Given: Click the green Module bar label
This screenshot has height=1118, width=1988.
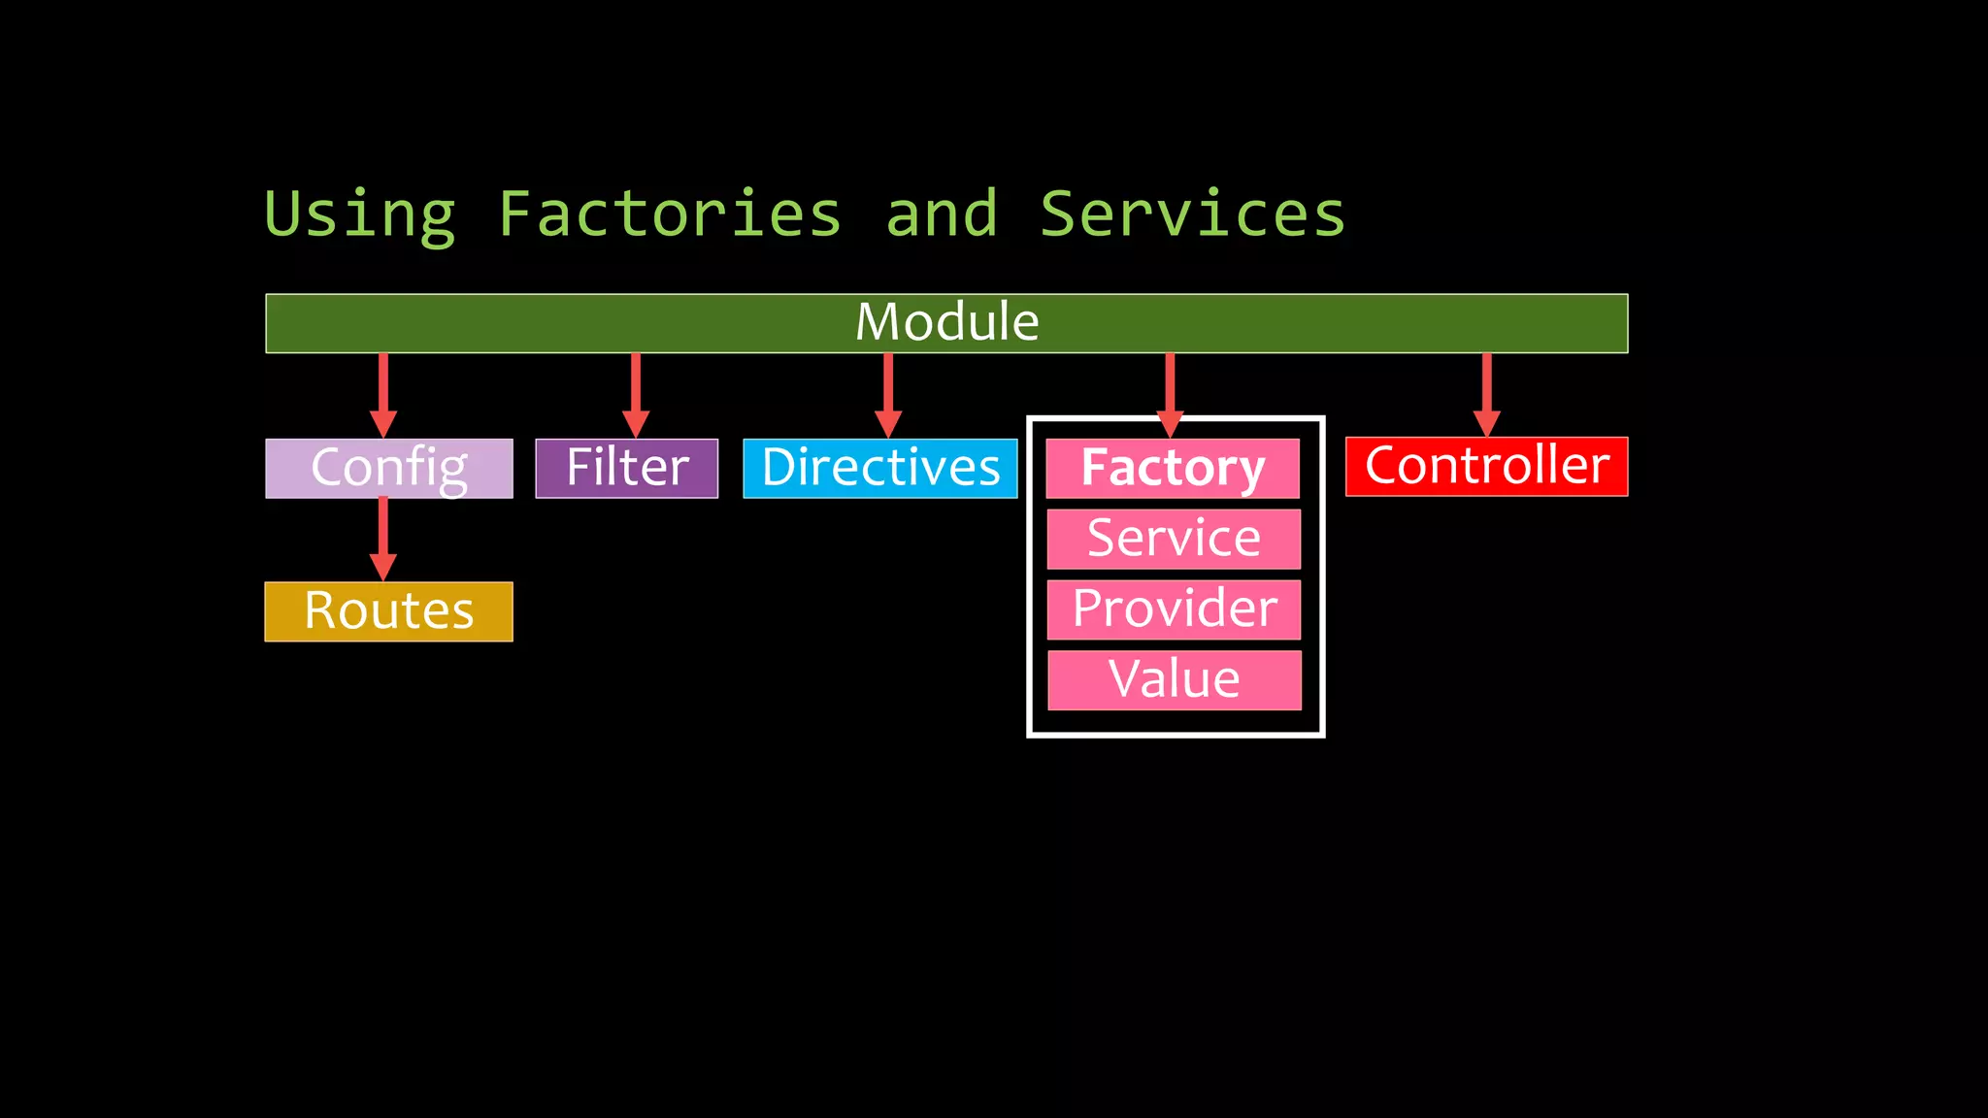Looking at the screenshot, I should click(x=946, y=322).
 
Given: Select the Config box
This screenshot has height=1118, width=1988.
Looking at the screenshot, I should click(x=388, y=468).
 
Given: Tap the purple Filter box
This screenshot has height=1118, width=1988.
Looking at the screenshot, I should click(x=626, y=468).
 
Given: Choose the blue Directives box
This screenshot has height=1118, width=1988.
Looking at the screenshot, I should click(x=879, y=468).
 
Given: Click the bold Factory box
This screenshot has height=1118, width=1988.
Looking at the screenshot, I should click(x=1173, y=468).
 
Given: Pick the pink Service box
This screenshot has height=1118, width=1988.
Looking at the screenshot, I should click(x=1174, y=539).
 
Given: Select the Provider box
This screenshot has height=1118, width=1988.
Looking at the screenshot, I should click(x=1174, y=609).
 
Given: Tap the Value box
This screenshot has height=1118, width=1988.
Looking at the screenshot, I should click(x=1174, y=679).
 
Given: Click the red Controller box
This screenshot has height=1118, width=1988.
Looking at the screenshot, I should click(x=1486, y=466).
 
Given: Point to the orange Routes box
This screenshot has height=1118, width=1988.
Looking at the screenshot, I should click(x=388, y=611).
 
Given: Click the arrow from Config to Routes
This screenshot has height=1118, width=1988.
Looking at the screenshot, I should click(x=383, y=539).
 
